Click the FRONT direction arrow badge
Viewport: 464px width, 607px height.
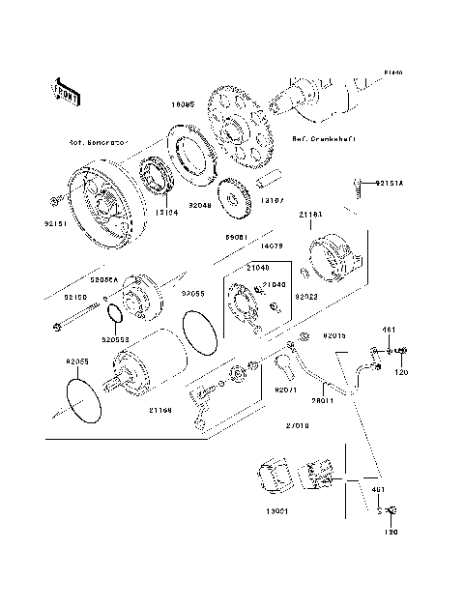(x=66, y=91)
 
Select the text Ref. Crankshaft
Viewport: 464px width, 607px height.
(x=323, y=138)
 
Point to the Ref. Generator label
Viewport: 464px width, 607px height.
(x=99, y=142)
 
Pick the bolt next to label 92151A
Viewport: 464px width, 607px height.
(x=359, y=183)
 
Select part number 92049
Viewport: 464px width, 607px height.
(x=200, y=205)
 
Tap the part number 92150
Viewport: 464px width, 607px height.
(x=74, y=298)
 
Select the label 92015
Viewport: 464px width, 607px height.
(x=334, y=335)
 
